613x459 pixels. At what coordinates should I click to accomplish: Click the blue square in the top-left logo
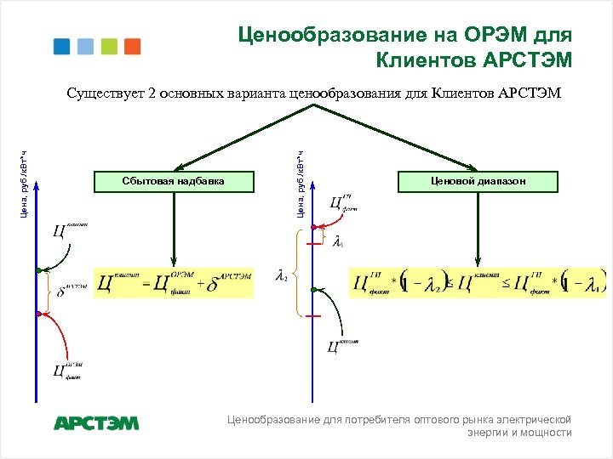tap(61, 46)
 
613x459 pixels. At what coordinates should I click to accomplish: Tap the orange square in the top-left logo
tap(132, 46)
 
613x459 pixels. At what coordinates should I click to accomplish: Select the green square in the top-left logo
tap(109, 46)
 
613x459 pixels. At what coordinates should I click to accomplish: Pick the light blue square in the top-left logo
tap(85, 46)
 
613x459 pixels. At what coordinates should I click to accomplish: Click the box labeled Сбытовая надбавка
tap(175, 181)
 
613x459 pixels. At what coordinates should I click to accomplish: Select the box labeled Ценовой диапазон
tap(477, 181)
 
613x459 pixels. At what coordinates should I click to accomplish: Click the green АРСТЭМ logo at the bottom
tap(96, 422)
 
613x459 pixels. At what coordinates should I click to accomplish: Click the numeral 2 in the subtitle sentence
tap(152, 93)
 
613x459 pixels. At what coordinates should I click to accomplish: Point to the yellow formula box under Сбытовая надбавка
tap(175, 282)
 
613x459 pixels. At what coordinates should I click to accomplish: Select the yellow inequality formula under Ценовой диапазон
tap(478, 282)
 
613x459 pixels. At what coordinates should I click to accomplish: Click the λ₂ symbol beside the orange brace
tap(282, 275)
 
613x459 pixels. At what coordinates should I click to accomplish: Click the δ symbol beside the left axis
tap(61, 292)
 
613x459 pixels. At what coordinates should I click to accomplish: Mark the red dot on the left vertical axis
tap(37, 313)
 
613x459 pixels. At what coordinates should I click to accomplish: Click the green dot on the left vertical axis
tap(37, 270)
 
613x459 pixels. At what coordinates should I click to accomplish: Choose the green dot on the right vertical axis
tap(313, 291)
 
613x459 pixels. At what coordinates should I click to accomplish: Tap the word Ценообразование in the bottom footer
tap(272, 419)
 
